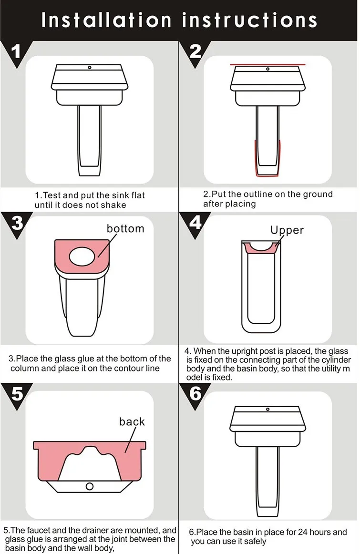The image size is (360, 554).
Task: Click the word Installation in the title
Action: point(106,20)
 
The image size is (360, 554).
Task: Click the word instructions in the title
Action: point(249,20)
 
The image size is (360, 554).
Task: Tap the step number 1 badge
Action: point(16,53)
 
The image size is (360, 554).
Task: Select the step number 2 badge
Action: point(195,52)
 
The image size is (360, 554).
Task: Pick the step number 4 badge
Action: point(195,223)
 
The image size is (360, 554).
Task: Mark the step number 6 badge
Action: point(195,394)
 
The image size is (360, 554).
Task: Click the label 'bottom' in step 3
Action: point(125,228)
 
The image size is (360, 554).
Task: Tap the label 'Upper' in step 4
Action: point(287,230)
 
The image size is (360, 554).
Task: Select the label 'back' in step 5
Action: point(132,421)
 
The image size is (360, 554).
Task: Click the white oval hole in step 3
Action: point(82,256)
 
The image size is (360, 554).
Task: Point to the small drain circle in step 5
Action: point(90,486)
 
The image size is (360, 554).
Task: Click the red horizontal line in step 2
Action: point(268,65)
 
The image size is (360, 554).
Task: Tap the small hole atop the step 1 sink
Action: point(89,67)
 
